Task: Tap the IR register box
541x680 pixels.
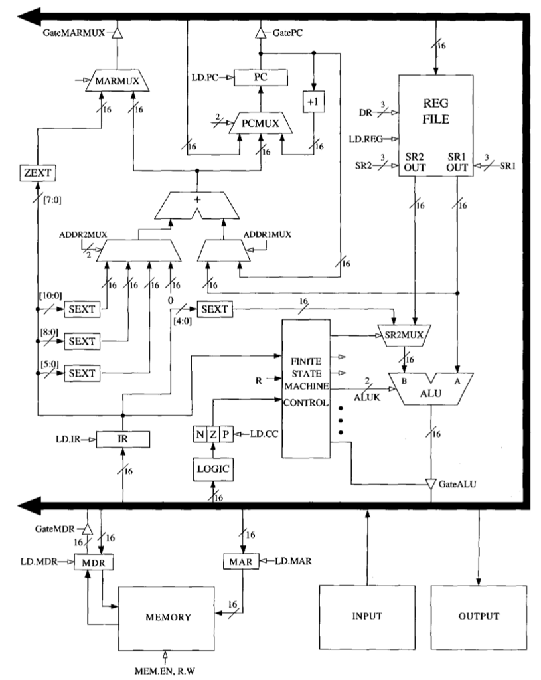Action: (x=123, y=439)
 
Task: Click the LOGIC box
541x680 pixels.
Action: (x=212, y=468)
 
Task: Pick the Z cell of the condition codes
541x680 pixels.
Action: (x=212, y=434)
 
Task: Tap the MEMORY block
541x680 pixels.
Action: (x=168, y=616)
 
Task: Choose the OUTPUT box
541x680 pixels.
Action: (x=478, y=616)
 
